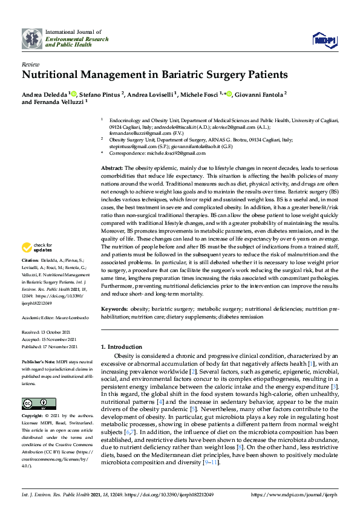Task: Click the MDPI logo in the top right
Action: [324, 40]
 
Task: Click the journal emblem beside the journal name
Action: [32, 38]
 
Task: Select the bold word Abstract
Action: [112, 167]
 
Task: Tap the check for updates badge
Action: [38, 248]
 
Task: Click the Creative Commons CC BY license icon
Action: [39, 404]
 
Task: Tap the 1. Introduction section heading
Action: [122, 347]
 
